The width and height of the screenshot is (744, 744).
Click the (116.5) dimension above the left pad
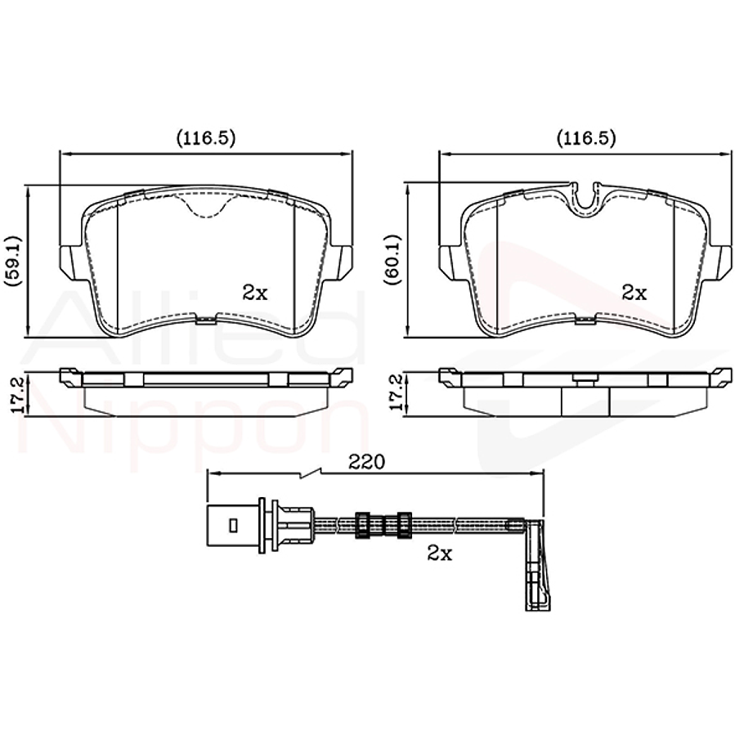(x=206, y=138)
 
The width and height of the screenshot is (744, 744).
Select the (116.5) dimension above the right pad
(x=585, y=138)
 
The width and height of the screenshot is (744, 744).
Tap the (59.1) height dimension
(x=12, y=261)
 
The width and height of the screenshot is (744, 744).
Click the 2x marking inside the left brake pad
(x=255, y=293)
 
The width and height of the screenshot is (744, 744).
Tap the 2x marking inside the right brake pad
(x=634, y=293)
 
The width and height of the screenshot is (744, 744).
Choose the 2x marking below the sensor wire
(x=440, y=554)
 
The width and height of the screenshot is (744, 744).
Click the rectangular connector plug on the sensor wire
(x=232, y=523)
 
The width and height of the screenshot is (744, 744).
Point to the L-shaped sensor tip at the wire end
(x=536, y=564)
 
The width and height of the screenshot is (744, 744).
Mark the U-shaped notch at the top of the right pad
(x=585, y=197)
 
